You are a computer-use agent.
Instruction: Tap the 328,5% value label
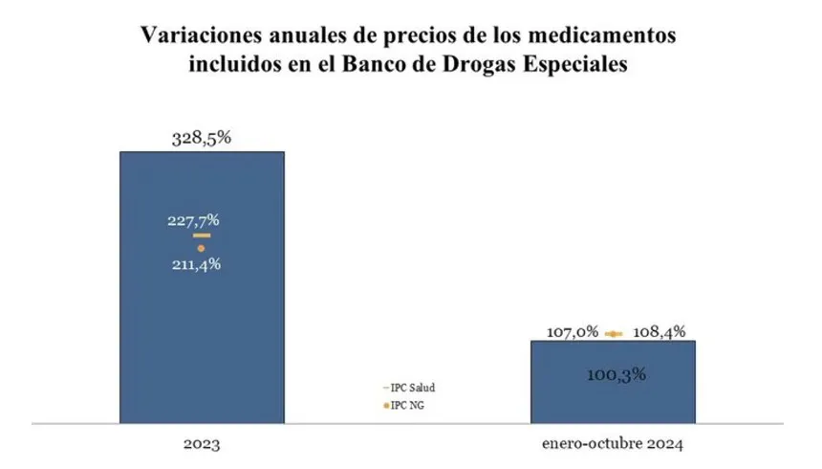(x=202, y=138)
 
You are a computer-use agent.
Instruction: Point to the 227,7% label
(x=194, y=220)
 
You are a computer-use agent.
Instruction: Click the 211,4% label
(x=195, y=263)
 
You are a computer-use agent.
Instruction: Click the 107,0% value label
(x=573, y=332)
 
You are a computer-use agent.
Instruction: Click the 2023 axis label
(x=202, y=445)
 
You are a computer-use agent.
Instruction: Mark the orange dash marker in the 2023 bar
(x=202, y=234)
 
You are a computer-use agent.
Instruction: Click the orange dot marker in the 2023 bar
(x=201, y=248)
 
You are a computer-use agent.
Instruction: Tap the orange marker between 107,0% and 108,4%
(x=614, y=333)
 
